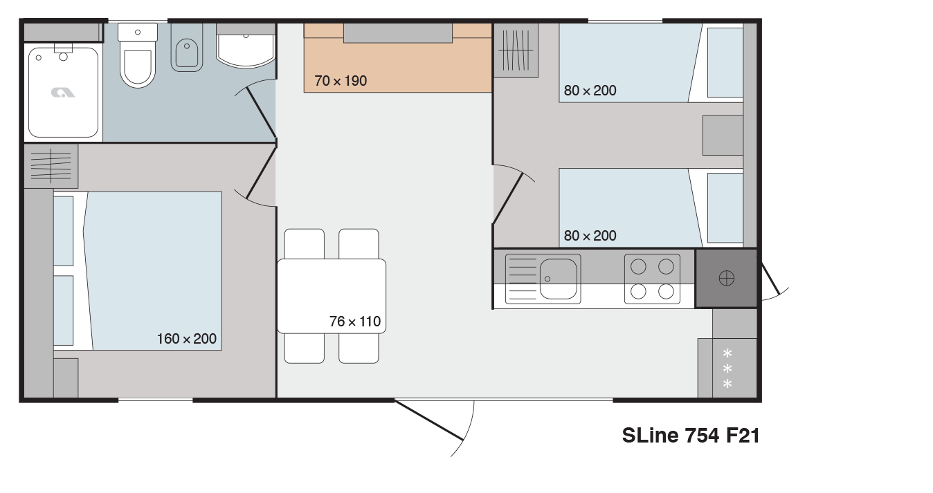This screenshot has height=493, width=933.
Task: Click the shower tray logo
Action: click(x=63, y=93)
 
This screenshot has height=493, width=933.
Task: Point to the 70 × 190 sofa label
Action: click(x=341, y=81)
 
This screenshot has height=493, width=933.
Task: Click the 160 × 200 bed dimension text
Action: click(x=186, y=339)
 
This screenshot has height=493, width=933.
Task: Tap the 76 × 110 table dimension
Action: click(x=355, y=322)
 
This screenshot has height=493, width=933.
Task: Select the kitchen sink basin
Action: click(x=559, y=279)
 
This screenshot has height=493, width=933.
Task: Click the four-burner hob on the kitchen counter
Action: click(x=652, y=279)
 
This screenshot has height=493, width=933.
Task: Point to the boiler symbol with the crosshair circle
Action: click(x=727, y=279)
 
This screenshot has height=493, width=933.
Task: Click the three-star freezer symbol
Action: click(x=727, y=369)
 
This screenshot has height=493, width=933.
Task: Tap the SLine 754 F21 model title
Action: click(x=691, y=436)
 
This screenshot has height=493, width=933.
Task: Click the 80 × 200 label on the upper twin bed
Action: click(x=590, y=91)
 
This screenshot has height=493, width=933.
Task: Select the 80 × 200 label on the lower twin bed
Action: click(x=590, y=236)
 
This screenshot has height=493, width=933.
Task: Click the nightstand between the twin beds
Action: click(x=723, y=136)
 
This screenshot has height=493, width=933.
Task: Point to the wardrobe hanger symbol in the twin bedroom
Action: click(x=516, y=50)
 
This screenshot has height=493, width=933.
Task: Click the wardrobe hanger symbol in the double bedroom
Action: click(x=51, y=166)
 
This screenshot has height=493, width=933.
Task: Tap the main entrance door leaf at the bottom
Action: click(x=429, y=420)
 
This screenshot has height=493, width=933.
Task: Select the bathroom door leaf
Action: click(x=262, y=113)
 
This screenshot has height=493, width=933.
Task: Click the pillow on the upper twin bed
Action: click(x=725, y=63)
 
